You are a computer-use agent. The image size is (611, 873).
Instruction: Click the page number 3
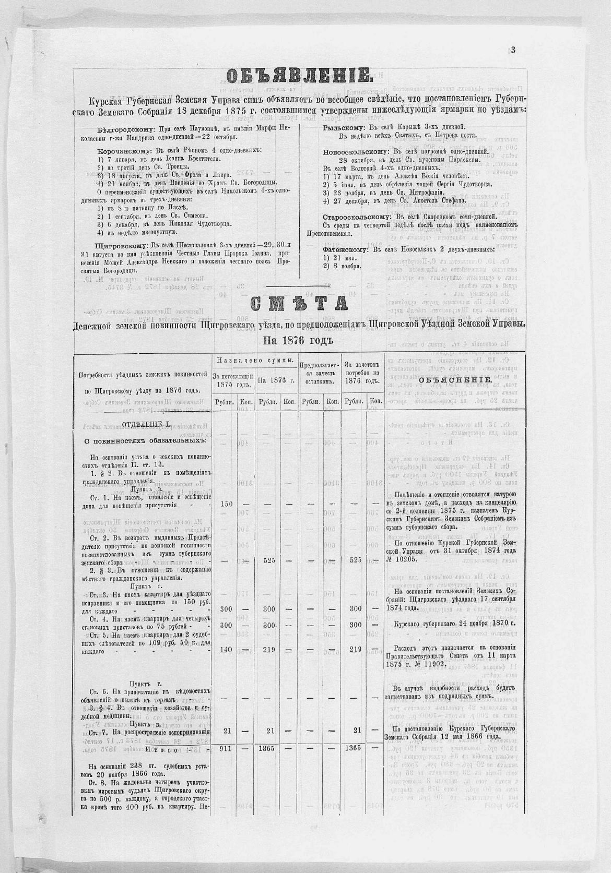pyautogui.click(x=513, y=50)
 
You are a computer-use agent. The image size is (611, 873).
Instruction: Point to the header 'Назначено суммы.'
pyautogui.click(x=254, y=361)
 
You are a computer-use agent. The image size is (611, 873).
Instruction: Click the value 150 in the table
pyautogui.click(x=226, y=504)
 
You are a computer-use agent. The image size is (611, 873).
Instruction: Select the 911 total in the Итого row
pyautogui.click(x=226, y=748)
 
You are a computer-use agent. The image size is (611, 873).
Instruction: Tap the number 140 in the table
pyautogui.click(x=226, y=649)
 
